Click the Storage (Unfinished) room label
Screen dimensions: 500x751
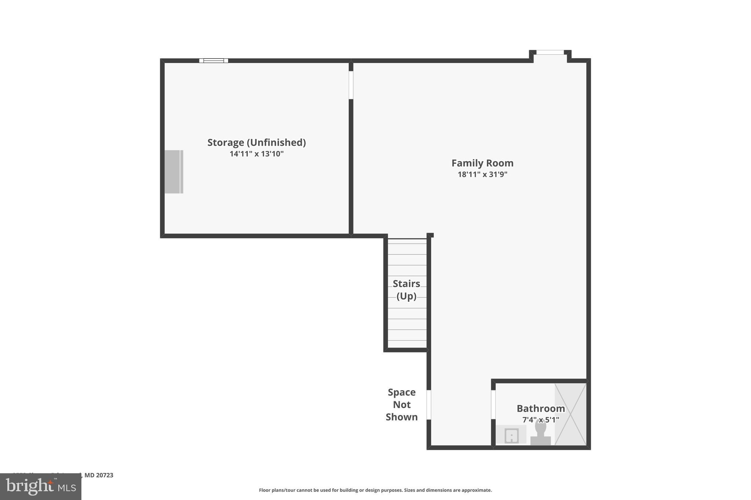tap(256, 142)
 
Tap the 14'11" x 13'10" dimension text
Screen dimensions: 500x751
tap(256, 154)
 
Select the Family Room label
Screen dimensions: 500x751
tap(482, 163)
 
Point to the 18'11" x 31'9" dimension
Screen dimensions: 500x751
tap(482, 174)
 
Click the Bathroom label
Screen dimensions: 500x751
tap(541, 408)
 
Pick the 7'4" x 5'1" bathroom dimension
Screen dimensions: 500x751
tap(541, 420)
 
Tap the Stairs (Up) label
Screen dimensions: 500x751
tap(406, 290)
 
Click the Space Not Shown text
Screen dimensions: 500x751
tap(402, 405)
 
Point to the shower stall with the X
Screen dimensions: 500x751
tap(571, 414)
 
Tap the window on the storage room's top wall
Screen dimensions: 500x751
tap(214, 61)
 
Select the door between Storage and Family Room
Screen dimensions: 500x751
tap(351, 85)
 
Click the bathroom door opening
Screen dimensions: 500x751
tap(493, 404)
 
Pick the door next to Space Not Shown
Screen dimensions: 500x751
tap(429, 405)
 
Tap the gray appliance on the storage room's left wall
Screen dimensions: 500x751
tap(173, 172)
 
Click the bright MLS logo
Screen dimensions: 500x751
tap(41, 486)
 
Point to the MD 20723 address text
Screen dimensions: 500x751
tap(99, 475)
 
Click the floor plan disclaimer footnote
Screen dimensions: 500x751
tap(375, 490)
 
